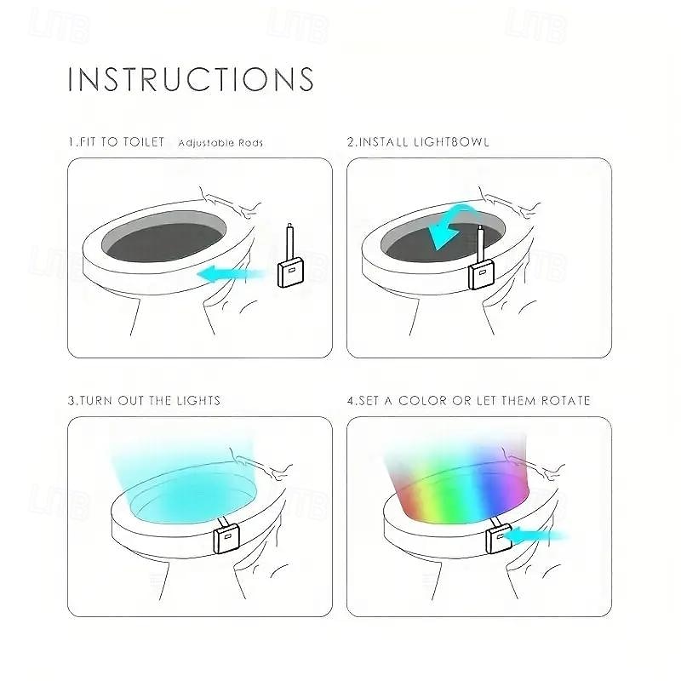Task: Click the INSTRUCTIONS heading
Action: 191,79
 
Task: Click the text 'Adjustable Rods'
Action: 220,143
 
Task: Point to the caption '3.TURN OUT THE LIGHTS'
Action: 144,400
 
